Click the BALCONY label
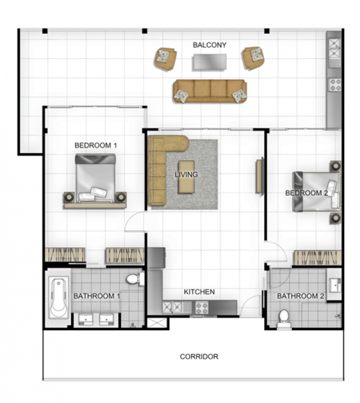pos(209,45)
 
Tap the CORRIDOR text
pos(199,356)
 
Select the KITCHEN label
pos(199,291)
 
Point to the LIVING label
pos(186,174)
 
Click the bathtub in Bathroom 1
pos(59,298)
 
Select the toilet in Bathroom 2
pos(284,319)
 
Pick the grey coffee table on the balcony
pos(210,62)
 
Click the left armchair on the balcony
pos(165,59)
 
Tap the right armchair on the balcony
pos(253,58)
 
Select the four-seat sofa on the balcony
pos(210,91)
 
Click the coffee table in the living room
pos(187,177)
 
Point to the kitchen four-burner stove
pos(202,307)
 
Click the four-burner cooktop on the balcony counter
pos(335,85)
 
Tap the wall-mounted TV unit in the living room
pos(260,176)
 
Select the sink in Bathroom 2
pos(335,285)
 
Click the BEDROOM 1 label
pos(96,145)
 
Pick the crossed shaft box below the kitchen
pos(157,323)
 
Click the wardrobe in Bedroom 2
pos(317,258)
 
